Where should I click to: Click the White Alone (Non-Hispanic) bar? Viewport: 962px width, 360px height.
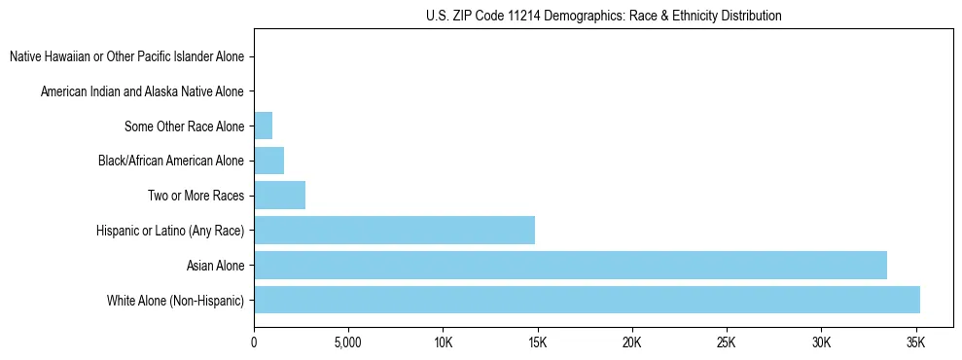click(587, 300)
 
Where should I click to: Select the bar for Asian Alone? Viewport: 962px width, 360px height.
click(570, 265)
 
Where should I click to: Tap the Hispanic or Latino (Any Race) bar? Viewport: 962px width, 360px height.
click(394, 230)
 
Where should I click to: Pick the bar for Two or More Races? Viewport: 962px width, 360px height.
click(279, 195)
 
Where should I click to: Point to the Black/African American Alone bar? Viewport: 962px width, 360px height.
click(268, 161)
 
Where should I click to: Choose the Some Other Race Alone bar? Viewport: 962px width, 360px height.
click(263, 126)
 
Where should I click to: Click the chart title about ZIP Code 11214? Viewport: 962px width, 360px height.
click(603, 16)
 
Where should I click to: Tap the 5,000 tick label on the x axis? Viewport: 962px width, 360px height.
click(348, 342)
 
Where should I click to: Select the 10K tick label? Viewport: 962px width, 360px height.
click(443, 342)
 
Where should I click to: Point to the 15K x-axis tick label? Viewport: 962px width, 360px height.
click(538, 342)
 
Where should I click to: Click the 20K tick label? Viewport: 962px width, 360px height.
click(632, 342)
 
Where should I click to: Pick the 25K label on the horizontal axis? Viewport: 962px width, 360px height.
click(727, 342)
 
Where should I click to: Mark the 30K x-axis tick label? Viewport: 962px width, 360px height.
click(821, 342)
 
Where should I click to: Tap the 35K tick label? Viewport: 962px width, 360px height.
click(915, 342)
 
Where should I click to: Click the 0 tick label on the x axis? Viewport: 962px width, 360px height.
click(254, 342)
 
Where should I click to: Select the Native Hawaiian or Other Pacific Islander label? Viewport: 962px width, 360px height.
click(126, 57)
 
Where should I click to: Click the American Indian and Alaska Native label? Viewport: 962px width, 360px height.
click(142, 91)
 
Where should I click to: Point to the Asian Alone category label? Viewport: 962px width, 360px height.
click(216, 266)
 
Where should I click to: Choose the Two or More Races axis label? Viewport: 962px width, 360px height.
click(196, 196)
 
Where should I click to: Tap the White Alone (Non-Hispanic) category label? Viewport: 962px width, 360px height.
click(176, 300)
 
